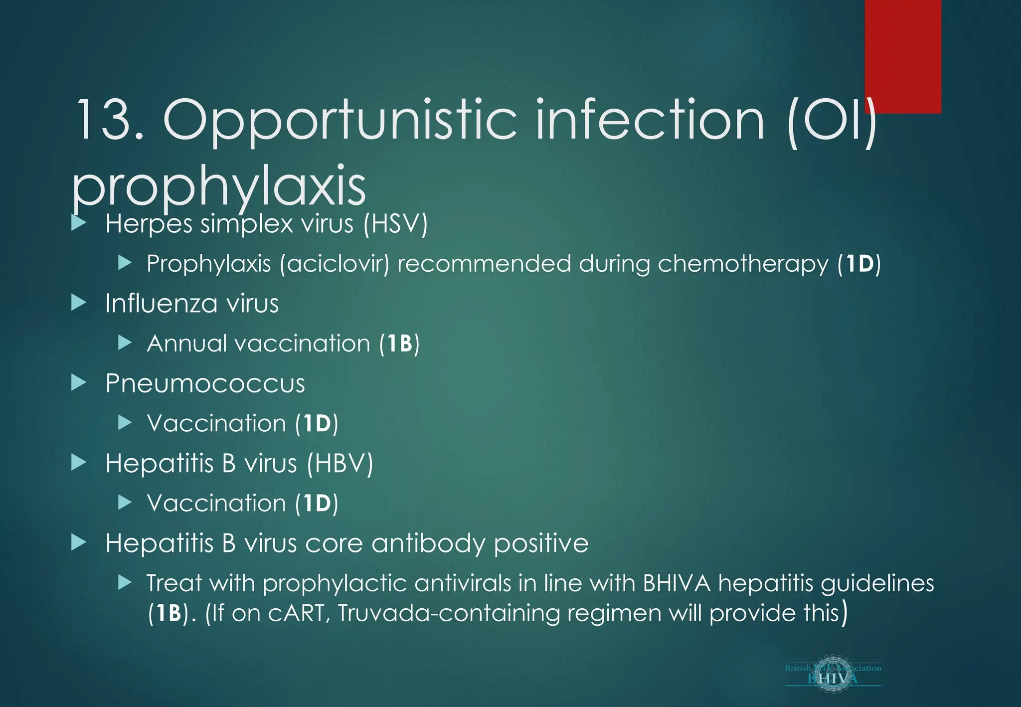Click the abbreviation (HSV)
[395, 223]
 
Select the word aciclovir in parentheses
[334, 263]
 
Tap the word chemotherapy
[743, 264]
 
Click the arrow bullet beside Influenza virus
[79, 303]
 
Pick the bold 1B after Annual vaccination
[399, 344]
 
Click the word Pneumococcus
[205, 383]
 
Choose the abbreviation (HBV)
[340, 463]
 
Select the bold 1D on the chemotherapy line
[859, 264]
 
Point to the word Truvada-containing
[449, 613]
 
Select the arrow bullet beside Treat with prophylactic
[125, 582]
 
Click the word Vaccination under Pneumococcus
[216, 423]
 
